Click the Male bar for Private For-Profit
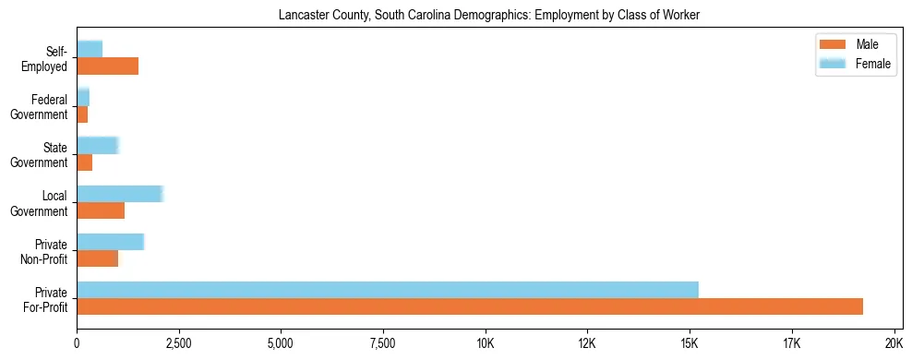tap(470, 306)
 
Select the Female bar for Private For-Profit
tap(388, 290)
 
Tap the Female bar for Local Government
tap(120, 194)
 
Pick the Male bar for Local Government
tap(101, 210)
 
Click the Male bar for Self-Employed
tap(107, 66)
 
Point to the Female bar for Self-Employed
tap(90, 49)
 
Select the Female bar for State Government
tap(98, 145)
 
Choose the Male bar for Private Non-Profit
tap(97, 258)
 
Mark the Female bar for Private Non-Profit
tap(111, 242)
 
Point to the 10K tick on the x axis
tap(485, 343)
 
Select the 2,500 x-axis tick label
tap(178, 343)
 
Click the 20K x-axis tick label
tap(894, 343)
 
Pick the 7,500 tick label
tap(382, 343)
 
